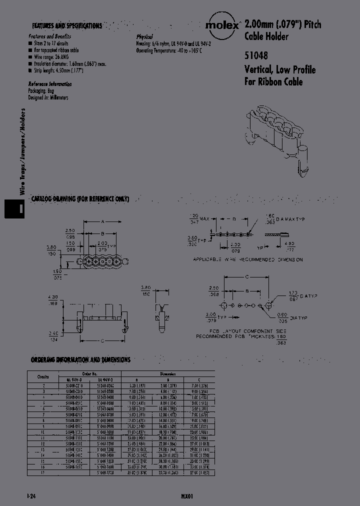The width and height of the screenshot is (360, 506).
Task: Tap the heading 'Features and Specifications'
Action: tap(67, 25)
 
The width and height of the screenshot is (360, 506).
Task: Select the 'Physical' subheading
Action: tap(144, 37)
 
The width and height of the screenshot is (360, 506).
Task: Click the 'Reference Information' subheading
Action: tap(50, 84)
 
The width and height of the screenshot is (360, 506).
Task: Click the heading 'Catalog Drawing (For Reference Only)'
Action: tap(80, 199)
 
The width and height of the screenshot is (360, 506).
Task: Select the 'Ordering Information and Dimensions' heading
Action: tap(80, 359)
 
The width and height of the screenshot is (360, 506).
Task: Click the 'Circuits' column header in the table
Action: tap(43, 376)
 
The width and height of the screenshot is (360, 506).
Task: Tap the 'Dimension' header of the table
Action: tap(168, 373)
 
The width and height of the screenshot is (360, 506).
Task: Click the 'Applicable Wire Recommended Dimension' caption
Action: tap(248, 260)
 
